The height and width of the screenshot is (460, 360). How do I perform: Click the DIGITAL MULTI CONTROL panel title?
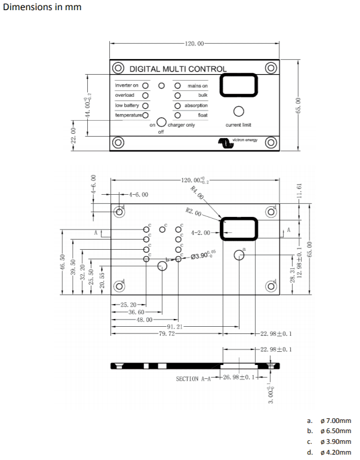pos(178,69)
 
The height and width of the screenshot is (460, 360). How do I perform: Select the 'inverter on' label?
pos(127,85)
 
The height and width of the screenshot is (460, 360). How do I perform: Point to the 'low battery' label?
pos(127,105)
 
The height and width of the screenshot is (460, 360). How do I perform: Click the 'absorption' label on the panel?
pos(196,105)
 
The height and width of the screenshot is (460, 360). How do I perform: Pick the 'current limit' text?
pos(238,125)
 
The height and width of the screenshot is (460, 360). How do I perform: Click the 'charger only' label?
pos(181,125)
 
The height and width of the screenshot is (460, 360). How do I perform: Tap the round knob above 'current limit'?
pos(238,112)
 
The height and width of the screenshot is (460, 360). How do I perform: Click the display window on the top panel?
pos(239,85)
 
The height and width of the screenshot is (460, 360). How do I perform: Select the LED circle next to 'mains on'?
pos(177,86)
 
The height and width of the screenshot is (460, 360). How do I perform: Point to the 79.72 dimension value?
pos(167,334)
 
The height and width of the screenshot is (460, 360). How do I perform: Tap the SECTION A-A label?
pos(194,379)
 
